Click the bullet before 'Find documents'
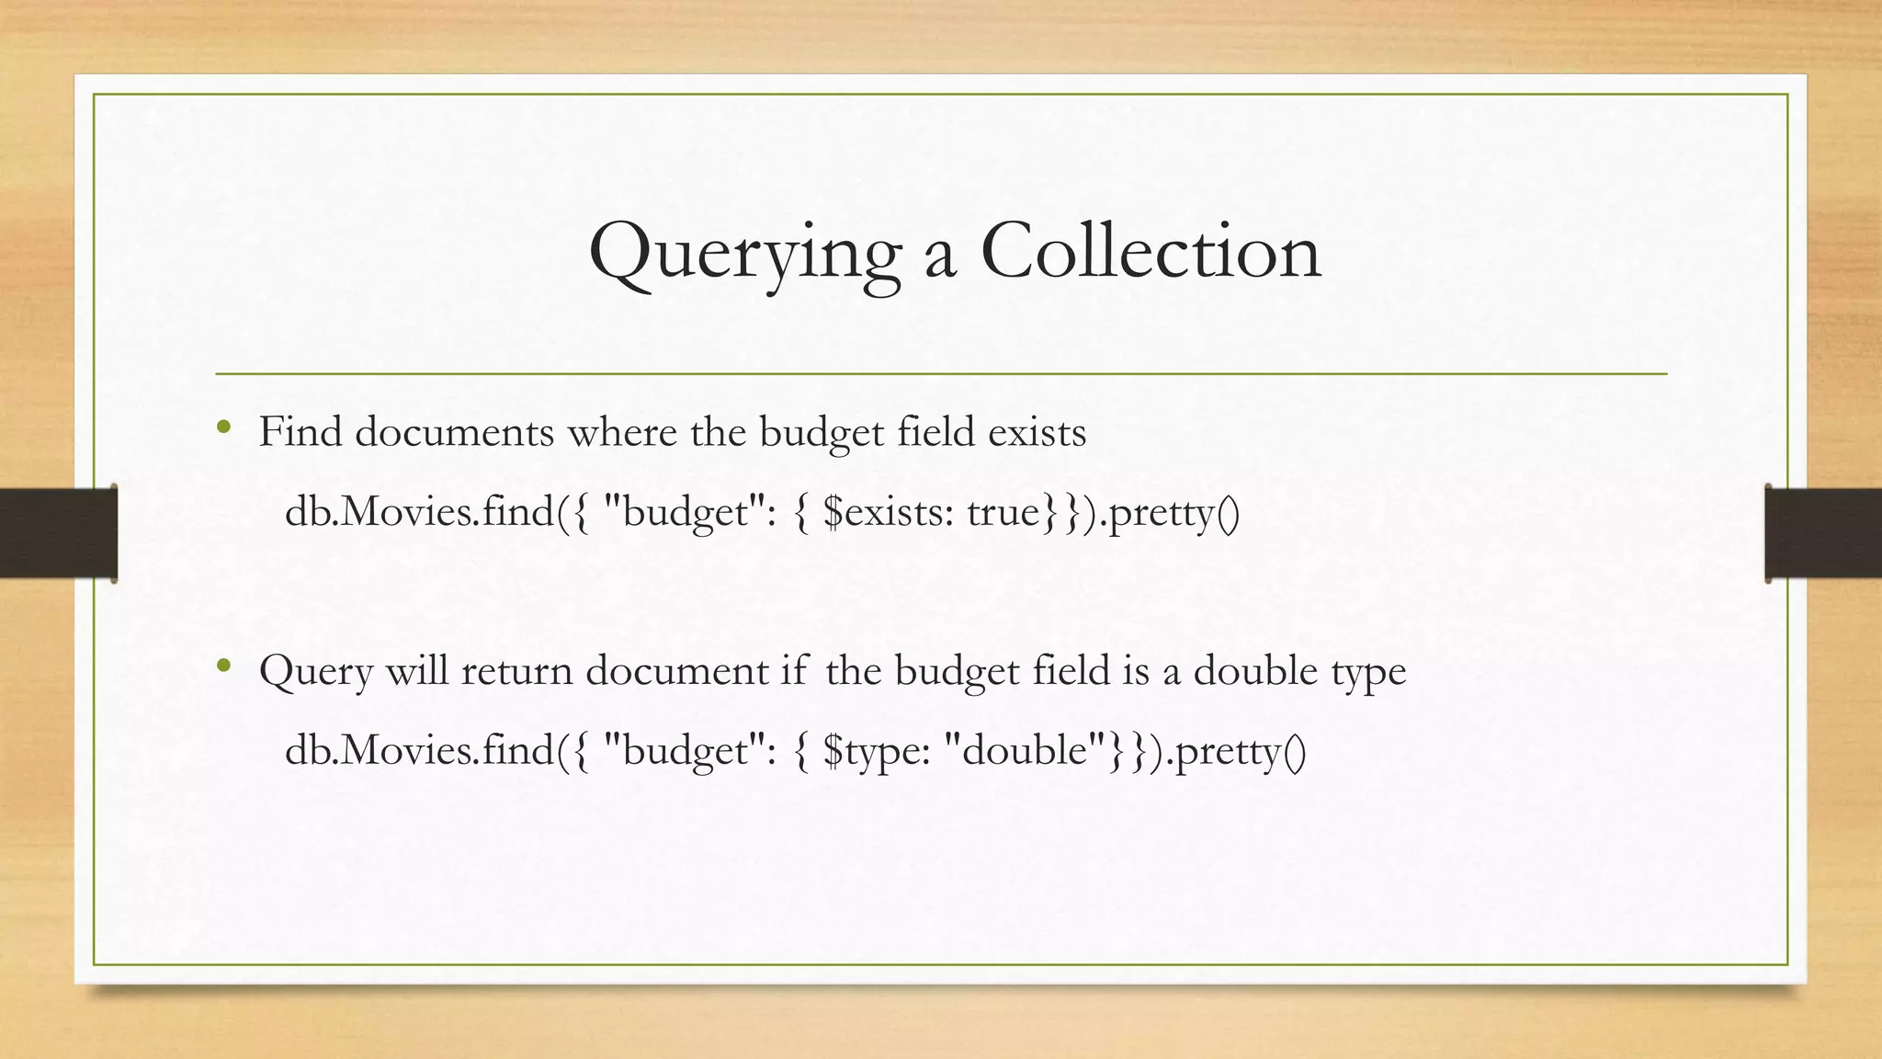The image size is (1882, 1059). click(x=223, y=427)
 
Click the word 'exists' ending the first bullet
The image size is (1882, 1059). click(x=1037, y=432)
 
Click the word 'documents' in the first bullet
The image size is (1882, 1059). click(x=454, y=432)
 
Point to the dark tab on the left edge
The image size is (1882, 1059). click(x=58, y=533)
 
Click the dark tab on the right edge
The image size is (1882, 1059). click(x=1823, y=533)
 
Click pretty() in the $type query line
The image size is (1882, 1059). click(x=1240, y=753)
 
